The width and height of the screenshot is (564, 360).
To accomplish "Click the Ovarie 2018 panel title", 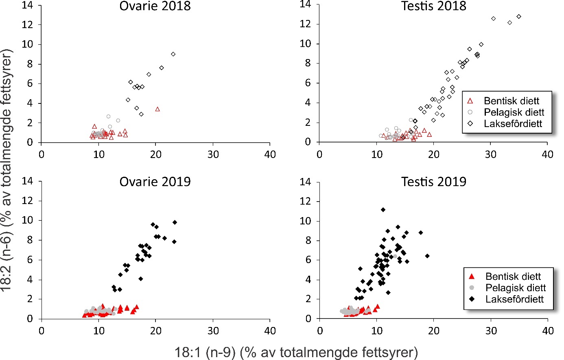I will click(x=155, y=6).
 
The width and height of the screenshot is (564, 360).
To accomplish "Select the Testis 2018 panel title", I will click(x=433, y=6).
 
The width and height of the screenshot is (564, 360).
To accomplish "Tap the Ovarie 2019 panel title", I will click(x=155, y=182).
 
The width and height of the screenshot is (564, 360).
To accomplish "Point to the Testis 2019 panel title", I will click(x=433, y=182).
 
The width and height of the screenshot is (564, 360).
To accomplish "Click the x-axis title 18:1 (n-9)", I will click(x=296, y=352).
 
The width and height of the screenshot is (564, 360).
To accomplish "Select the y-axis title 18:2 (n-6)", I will click(x=7, y=170).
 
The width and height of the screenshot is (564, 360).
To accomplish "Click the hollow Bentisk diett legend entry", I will click(x=511, y=101).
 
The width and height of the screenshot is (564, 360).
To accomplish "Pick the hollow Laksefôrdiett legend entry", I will click(x=513, y=124).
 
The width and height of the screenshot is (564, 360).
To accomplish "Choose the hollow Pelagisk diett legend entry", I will click(x=514, y=112).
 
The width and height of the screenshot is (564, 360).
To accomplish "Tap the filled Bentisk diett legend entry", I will click(x=513, y=277).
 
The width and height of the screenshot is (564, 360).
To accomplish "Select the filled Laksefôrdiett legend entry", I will click(x=514, y=299).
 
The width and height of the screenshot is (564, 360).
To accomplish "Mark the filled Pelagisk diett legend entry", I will click(x=515, y=288).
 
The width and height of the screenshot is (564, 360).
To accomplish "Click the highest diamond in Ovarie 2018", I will click(x=173, y=54).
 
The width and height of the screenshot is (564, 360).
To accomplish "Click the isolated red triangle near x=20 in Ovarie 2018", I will click(x=157, y=109).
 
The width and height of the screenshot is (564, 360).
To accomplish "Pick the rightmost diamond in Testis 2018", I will click(x=519, y=17).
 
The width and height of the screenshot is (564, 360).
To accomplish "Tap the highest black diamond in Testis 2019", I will click(x=383, y=210).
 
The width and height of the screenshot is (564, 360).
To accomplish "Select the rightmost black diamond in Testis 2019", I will click(x=427, y=256).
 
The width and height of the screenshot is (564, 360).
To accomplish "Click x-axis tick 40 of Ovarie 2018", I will click(x=270, y=155).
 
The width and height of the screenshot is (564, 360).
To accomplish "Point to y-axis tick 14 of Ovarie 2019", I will click(x=27, y=181).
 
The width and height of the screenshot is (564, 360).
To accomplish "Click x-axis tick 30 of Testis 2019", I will click(x=491, y=331).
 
